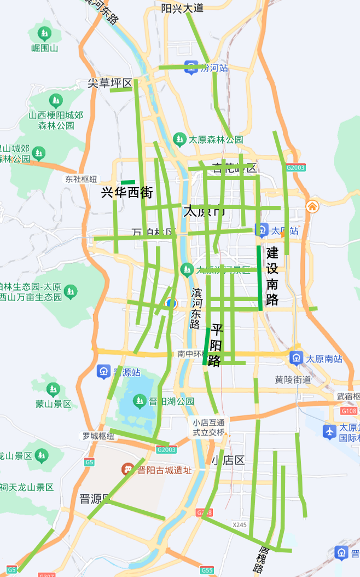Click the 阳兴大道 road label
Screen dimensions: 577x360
182,8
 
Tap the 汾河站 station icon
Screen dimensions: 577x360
190,67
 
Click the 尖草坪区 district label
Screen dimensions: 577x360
111,83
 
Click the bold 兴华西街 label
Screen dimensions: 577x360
127,193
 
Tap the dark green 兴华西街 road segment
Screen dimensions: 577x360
127,182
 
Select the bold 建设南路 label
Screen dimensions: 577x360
272,276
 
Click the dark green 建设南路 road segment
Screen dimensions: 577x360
260,278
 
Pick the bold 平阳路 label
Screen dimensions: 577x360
216,345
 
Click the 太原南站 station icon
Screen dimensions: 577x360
296,359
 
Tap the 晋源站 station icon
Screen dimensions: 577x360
103,372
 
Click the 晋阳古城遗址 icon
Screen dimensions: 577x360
127,470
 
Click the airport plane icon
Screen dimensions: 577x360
329,431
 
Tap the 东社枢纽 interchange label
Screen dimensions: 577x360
81,179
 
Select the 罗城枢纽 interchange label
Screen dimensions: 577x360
98,436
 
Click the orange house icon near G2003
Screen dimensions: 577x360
312,206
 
